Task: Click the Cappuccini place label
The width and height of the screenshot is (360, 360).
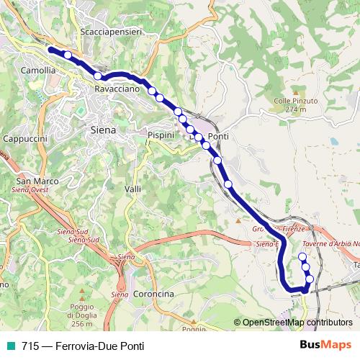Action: tap(25, 138)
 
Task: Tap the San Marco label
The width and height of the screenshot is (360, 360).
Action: tap(33, 181)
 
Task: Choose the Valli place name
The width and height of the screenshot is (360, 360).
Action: tap(132, 189)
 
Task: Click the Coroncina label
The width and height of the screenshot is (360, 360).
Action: tap(153, 294)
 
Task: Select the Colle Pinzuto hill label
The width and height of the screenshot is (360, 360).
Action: tap(291, 102)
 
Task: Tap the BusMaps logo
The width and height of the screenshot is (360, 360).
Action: tap(325, 345)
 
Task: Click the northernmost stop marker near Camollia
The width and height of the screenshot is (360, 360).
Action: tap(68, 55)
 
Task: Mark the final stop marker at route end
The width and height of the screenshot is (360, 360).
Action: tap(302, 257)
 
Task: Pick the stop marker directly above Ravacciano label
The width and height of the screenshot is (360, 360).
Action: tap(97, 76)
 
